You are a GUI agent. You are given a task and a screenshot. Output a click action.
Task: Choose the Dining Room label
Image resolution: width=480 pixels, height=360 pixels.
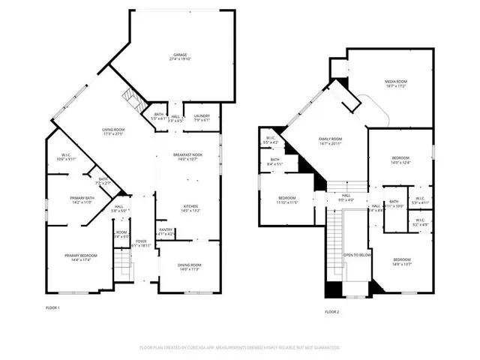click(x=189, y=266)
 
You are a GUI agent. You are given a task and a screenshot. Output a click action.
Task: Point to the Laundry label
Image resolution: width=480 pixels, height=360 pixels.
click(x=202, y=117)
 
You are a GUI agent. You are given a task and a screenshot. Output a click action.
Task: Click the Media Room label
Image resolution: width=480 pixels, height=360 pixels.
click(x=396, y=83)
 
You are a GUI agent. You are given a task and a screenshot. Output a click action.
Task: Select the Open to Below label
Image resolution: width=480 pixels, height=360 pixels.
click(x=358, y=255)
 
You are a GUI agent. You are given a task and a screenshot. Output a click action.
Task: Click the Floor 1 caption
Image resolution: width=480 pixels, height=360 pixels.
click(x=53, y=307)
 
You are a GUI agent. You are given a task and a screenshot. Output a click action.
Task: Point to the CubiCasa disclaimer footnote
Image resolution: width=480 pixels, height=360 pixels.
click(x=240, y=347)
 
